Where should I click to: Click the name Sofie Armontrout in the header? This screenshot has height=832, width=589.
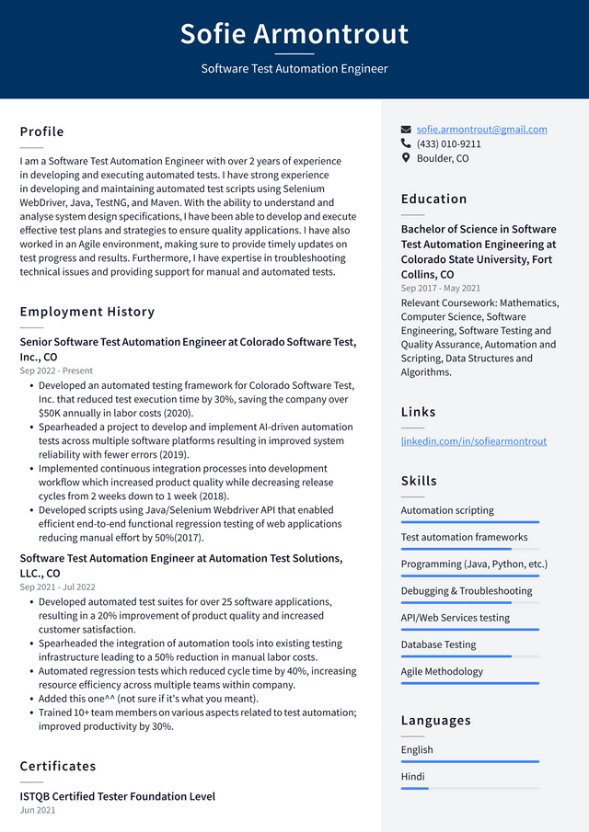coord(294,34)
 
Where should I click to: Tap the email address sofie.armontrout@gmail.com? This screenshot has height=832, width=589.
coord(481,130)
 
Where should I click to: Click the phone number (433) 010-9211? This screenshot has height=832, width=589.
coord(448,144)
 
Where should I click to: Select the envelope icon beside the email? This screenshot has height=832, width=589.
coord(406,130)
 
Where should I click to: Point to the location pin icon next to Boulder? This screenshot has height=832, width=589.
coord(406,158)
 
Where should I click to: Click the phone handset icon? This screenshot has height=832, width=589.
coord(406,144)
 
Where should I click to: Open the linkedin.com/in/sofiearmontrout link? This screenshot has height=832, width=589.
coord(473,441)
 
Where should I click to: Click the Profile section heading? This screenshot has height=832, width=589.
coord(42,131)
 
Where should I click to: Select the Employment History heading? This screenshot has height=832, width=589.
coord(87,312)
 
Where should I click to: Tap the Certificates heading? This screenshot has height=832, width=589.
coord(58,766)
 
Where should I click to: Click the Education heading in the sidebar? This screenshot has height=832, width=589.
coord(433,199)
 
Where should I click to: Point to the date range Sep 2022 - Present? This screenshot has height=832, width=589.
coord(57,370)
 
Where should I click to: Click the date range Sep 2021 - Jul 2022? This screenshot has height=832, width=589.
coord(57,587)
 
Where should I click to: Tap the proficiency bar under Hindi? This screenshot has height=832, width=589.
coord(415,788)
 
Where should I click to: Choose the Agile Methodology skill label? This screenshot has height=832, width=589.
coord(442,671)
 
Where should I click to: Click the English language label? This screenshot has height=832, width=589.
coord(417,749)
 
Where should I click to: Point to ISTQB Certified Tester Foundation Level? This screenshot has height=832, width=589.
coord(117,796)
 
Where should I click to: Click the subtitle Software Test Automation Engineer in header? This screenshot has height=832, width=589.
coord(294,69)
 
